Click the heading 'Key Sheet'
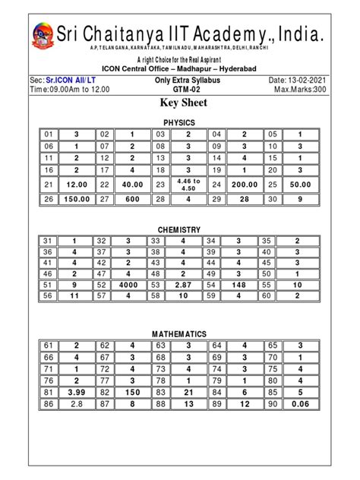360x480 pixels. (180, 103)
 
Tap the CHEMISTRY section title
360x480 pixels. (179, 229)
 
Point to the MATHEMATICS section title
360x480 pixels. (179, 334)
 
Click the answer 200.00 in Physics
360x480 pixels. (245, 185)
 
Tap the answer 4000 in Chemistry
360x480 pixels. (131, 286)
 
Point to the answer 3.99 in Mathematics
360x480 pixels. (76, 392)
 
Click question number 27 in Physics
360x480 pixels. (104, 199)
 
